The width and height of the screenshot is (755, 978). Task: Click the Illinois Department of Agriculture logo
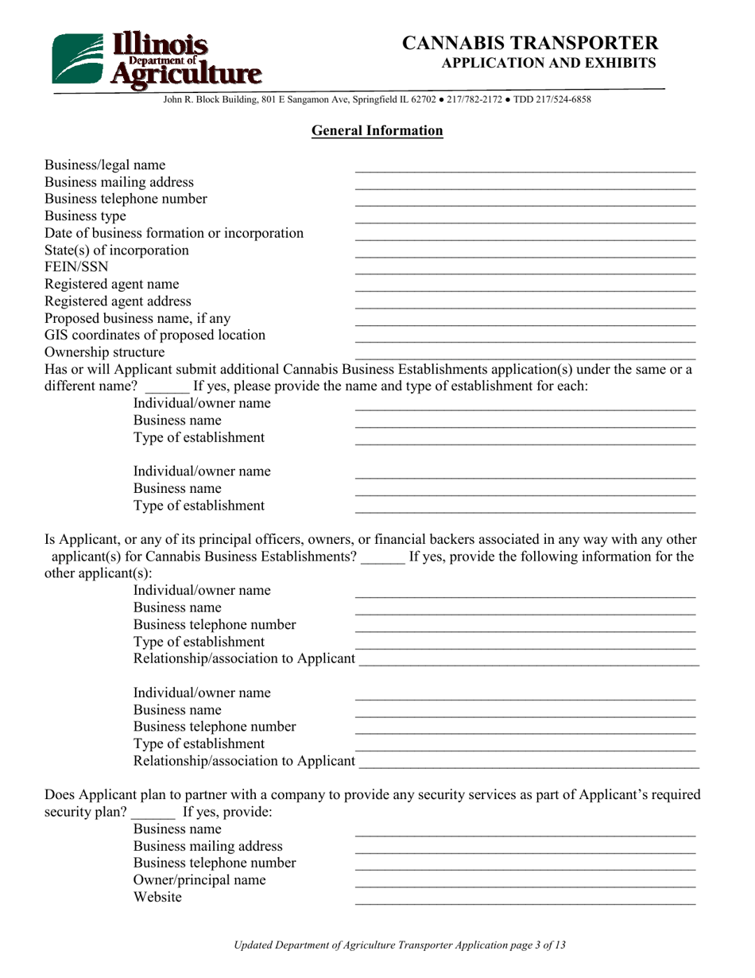[156, 59]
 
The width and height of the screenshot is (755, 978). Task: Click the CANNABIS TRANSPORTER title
[530, 43]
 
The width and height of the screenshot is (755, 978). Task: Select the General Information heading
[377, 131]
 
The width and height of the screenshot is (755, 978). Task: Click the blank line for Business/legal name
[525, 169]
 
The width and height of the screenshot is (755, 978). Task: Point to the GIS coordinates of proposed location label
[155, 335]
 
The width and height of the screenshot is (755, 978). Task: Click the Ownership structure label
[105, 351]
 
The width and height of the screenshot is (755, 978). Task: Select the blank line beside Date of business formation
[525, 237]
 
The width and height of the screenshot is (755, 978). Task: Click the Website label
[157, 897]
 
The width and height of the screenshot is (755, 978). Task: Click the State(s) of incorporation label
[117, 250]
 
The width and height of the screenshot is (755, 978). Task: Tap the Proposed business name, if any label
[137, 318]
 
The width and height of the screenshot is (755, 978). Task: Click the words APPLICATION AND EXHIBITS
[548, 63]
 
